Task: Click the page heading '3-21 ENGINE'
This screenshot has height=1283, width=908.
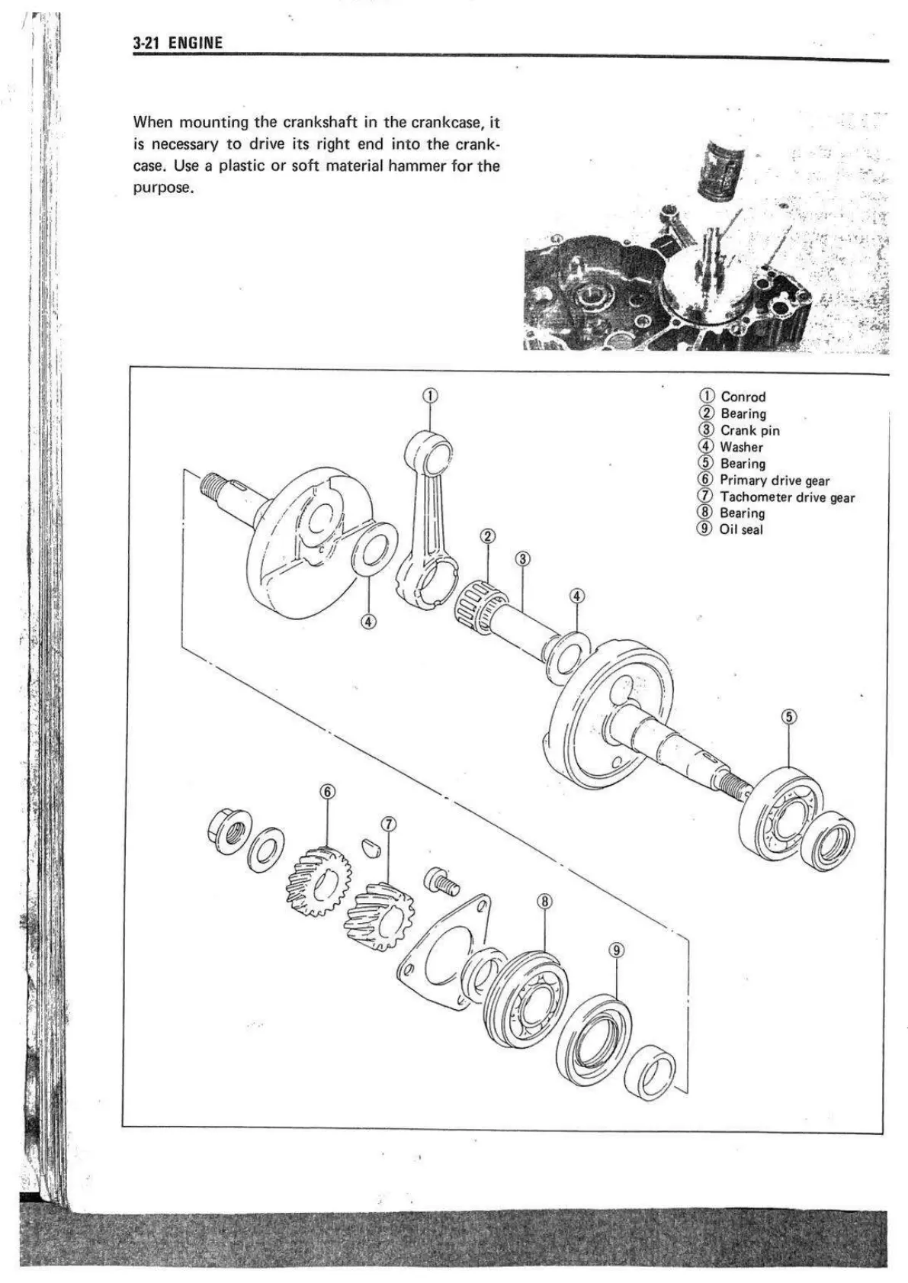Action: [x=177, y=43]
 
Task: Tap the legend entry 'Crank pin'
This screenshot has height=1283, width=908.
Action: [x=749, y=430]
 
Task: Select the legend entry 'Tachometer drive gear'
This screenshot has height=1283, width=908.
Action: [x=787, y=497]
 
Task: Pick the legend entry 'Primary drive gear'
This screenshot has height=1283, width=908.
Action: [x=774, y=481]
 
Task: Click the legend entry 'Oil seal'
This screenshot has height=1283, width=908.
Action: [x=740, y=529]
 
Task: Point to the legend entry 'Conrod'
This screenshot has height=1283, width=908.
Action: [x=743, y=397]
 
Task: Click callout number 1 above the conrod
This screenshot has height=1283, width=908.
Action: [x=430, y=395]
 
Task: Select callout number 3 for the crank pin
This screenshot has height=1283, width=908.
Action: [x=522, y=558]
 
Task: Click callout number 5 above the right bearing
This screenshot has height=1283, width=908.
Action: [x=789, y=716]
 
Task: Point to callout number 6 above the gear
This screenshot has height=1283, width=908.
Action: [x=327, y=791]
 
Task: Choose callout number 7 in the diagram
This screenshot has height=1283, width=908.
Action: [x=389, y=824]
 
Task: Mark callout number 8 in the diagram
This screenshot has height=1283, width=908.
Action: [x=544, y=901]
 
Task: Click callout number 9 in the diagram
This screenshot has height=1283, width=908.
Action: [x=617, y=950]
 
